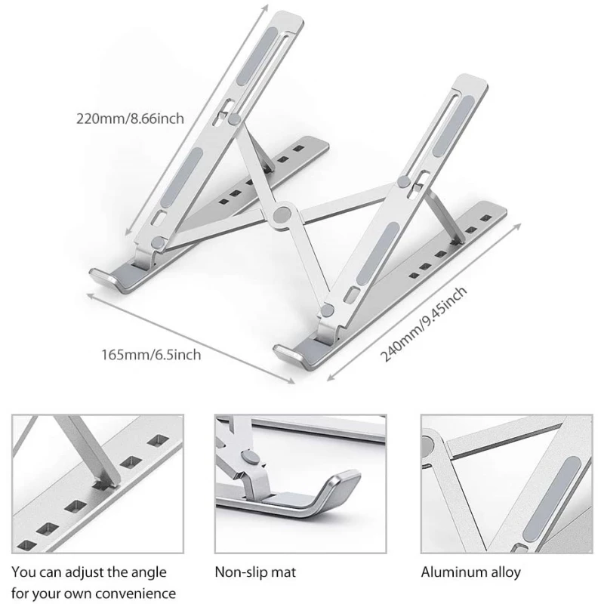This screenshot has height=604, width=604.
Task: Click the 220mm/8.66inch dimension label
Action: [x=130, y=119]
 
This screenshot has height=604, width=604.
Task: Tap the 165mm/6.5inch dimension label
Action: [x=151, y=354]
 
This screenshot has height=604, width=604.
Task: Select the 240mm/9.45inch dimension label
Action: [x=424, y=325]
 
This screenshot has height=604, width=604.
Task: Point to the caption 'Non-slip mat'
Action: [x=255, y=572]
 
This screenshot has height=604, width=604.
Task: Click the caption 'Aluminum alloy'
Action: [x=470, y=572]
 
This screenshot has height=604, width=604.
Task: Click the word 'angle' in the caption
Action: [x=149, y=573]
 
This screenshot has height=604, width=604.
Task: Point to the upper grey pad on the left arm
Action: [x=257, y=56]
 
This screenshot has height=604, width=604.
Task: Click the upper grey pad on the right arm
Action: [x=453, y=126]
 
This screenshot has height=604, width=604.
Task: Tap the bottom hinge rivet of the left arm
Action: [x=158, y=243]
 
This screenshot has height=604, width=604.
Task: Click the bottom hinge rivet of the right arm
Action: [x=327, y=310]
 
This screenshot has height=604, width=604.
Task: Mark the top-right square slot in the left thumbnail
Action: [x=158, y=441]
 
